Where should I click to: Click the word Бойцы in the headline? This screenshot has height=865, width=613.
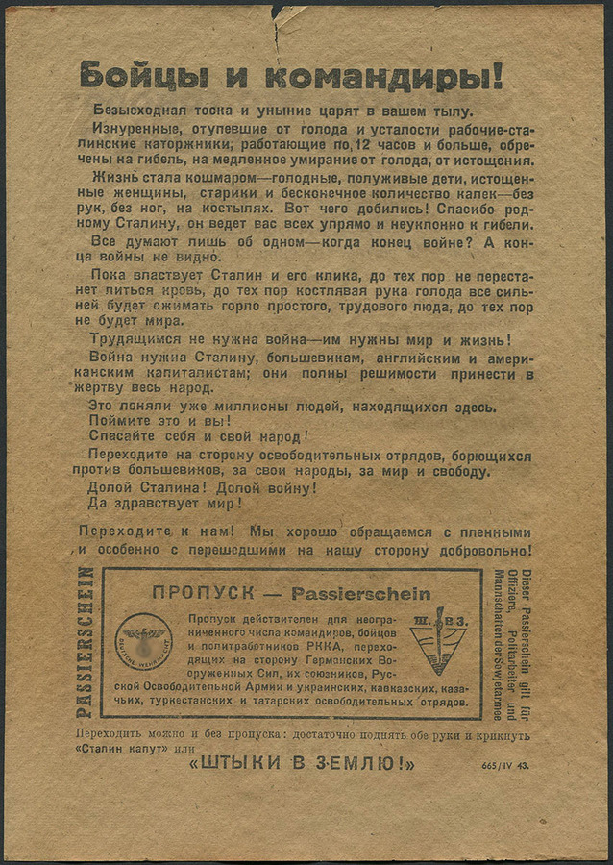point(132,75)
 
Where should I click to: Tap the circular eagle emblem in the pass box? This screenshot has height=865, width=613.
point(145,641)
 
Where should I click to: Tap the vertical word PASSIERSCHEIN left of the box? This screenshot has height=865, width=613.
point(86,641)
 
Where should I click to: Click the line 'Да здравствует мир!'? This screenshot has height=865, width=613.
point(165,503)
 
